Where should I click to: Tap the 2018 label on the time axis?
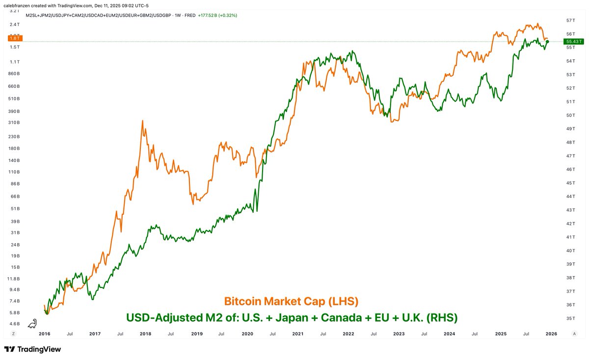point(145,334)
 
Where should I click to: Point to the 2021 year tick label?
point(298,334)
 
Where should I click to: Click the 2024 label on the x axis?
point(450,334)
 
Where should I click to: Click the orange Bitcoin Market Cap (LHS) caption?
point(291,300)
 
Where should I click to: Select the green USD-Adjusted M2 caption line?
point(292,317)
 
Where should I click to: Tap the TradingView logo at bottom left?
point(33,349)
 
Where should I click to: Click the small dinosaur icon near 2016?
point(32,323)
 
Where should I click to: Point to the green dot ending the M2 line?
point(547,42)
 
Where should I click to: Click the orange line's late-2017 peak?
point(142,121)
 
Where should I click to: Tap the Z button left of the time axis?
point(14,334)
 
